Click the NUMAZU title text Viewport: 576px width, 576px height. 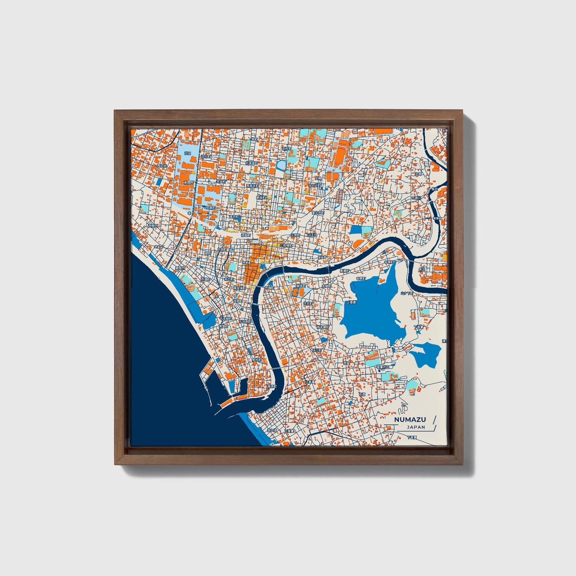click(410, 419)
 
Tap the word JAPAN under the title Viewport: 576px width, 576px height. click(416, 427)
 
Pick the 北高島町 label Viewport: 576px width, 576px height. click(251, 163)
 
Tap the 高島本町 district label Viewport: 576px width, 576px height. click(252, 185)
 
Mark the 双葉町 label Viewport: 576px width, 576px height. click(209, 207)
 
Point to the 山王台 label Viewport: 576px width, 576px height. click(312, 235)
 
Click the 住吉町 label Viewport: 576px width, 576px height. click(308, 303)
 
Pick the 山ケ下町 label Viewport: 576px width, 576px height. click(407, 293)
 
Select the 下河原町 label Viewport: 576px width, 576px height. click(244, 321)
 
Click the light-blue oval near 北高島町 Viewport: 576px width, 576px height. click(281, 164)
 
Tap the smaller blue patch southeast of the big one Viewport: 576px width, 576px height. click(426, 354)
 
